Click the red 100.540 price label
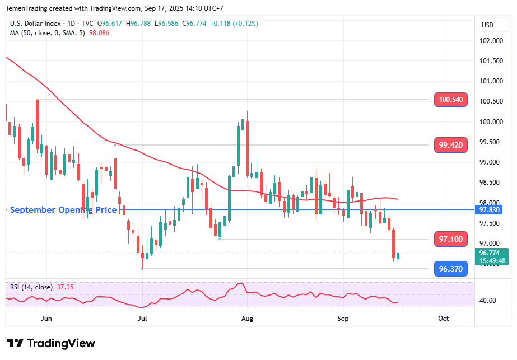pos(451,100)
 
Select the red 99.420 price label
pos(451,145)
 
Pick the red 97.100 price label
pos(451,239)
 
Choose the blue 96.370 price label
pos(451,269)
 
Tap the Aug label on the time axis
pos(247,319)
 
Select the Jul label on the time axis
pos(142,319)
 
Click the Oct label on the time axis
pos(443,319)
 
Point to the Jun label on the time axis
pos(46,319)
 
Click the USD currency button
pos(487,25)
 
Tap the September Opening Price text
pos(63,210)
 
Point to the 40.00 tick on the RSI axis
pos(488,301)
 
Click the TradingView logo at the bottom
pos(51,343)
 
